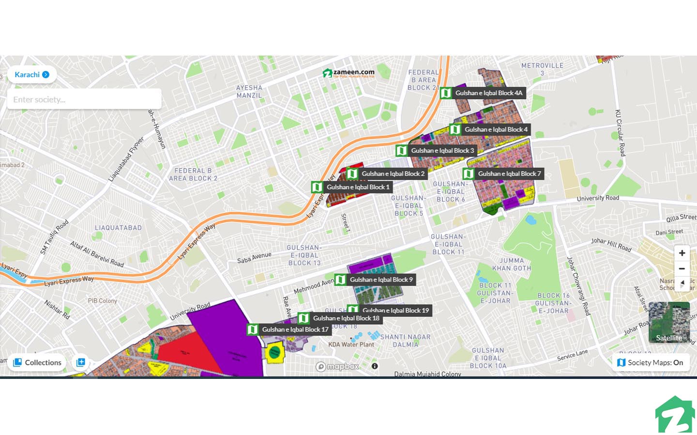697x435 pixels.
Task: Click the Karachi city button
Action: click(x=31, y=74)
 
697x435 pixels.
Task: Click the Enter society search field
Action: click(x=84, y=100)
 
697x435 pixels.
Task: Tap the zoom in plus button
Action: click(x=682, y=253)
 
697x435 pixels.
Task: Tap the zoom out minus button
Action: click(x=682, y=269)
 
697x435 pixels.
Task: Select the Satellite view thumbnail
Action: click(x=669, y=322)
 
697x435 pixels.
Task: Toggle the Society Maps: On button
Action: click(x=651, y=362)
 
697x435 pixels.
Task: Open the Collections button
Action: click(x=37, y=362)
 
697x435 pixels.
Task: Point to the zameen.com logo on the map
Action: click(x=348, y=73)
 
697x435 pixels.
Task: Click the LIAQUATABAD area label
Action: click(x=118, y=228)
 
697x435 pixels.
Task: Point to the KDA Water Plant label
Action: click(x=351, y=345)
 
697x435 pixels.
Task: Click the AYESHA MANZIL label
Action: click(x=249, y=91)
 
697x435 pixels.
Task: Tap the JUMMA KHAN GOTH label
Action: click(x=512, y=264)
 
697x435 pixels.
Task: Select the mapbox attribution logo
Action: click(x=337, y=366)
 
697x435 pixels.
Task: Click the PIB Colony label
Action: click(x=102, y=301)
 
